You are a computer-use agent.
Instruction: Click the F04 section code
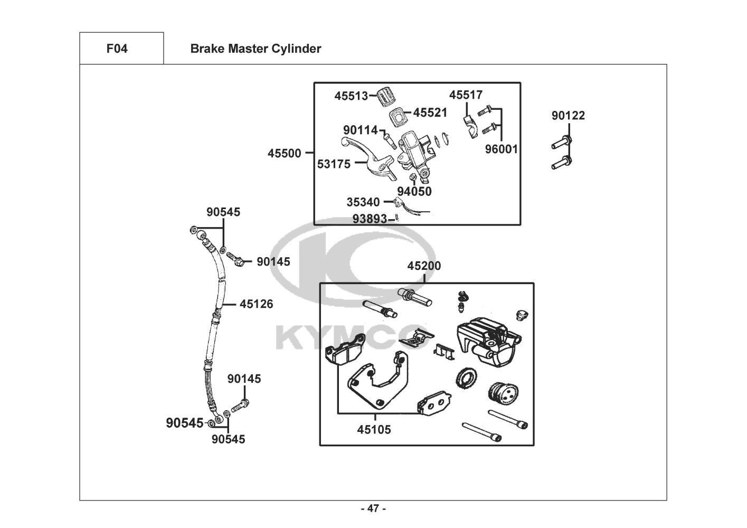point(117,49)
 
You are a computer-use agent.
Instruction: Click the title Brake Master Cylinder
point(256,49)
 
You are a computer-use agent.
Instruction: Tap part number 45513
point(351,96)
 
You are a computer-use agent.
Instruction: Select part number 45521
point(430,112)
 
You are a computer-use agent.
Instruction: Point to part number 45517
point(466,95)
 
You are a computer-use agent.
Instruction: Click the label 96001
point(502,149)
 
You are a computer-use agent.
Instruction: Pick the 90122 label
point(568,116)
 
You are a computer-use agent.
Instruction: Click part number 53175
point(334,164)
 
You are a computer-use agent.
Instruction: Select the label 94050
point(414,192)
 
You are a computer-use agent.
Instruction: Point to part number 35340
point(363,202)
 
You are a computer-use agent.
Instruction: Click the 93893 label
point(370,218)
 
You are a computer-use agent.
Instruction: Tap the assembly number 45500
point(284,154)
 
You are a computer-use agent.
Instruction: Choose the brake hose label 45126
point(256,304)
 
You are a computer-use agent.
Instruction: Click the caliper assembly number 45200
point(424,266)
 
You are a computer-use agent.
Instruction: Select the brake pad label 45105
point(374,430)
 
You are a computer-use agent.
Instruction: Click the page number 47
point(373,509)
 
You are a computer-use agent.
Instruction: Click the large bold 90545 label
point(184,423)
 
